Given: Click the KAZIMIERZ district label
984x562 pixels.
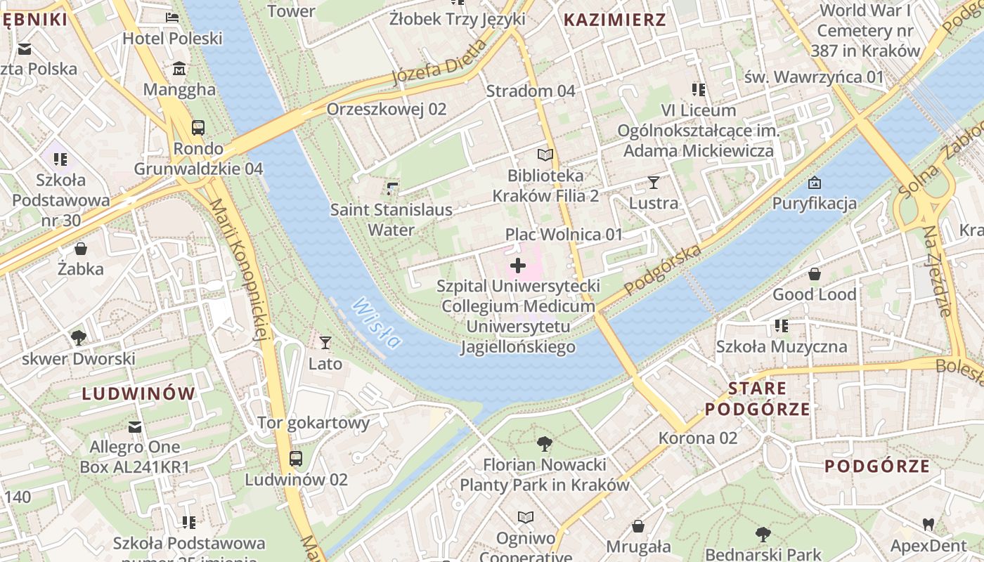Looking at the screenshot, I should point(614,20).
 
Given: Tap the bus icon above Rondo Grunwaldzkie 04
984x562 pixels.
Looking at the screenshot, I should point(198,128).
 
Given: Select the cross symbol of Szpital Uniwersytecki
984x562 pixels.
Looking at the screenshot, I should point(518,266).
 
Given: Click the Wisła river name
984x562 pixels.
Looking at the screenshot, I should point(377,323).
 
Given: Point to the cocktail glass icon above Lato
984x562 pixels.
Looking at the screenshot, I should point(325,343).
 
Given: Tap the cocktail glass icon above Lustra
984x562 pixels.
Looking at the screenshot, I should point(654,183).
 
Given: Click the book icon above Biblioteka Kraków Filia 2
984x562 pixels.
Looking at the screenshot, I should point(545,155).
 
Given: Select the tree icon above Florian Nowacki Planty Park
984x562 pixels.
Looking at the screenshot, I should point(544,444).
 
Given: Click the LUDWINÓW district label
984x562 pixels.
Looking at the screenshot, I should point(138,393).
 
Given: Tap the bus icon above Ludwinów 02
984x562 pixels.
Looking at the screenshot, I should point(296,459).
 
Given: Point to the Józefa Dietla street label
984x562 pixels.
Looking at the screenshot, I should point(439,63).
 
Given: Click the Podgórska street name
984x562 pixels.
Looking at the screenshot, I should point(663,270).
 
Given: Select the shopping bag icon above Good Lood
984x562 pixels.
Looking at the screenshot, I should point(815,274).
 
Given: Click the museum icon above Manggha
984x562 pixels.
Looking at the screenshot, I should point(179,69).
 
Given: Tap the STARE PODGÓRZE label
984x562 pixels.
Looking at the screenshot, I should point(757,398).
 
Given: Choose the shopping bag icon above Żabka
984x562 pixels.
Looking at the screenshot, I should point(81,249).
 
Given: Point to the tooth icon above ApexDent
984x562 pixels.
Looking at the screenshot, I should point(928,524).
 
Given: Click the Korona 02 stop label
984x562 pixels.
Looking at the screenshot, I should point(698,438).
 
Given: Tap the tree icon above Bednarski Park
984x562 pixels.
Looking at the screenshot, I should point(763,534).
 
